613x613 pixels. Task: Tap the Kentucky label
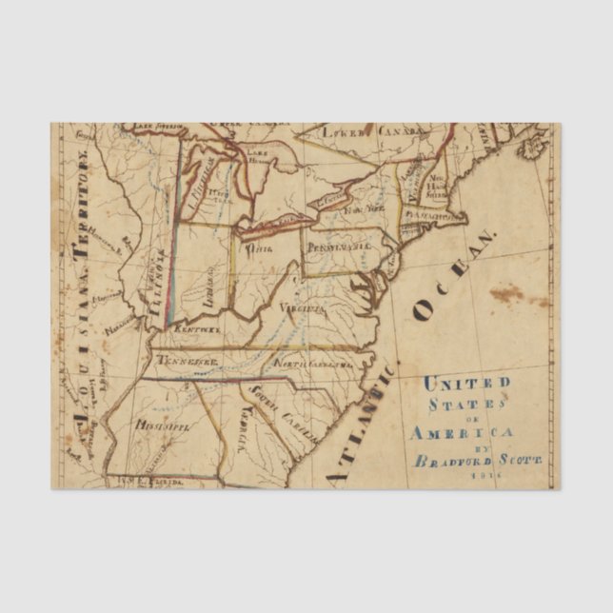coord(197,328)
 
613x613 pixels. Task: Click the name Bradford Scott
coord(472,461)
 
